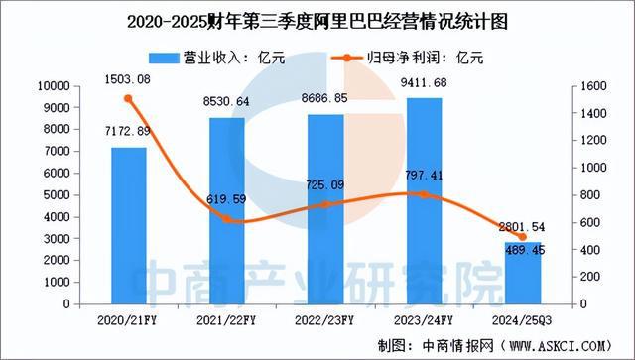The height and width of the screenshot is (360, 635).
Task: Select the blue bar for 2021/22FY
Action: pyautogui.click(x=227, y=210)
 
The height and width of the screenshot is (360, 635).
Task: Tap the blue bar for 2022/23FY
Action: pyautogui.click(x=325, y=208)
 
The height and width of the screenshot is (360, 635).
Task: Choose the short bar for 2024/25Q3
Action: pyautogui.click(x=522, y=273)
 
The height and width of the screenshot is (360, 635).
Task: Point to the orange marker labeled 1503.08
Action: pyautogui.click(x=128, y=98)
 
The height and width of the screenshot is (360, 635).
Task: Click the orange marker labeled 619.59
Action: pyautogui.click(x=227, y=219)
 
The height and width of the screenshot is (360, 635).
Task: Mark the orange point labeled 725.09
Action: pyautogui.click(x=325, y=204)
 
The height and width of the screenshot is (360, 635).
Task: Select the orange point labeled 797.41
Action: pyautogui.click(x=424, y=194)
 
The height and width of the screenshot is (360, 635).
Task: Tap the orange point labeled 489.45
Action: pyautogui.click(x=522, y=236)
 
